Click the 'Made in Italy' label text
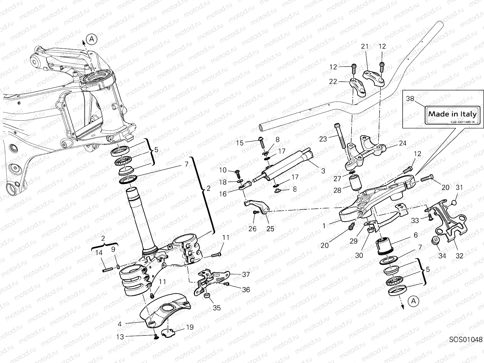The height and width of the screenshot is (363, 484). [452, 114]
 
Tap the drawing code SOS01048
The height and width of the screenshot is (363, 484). [466, 348]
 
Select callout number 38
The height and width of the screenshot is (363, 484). [410, 98]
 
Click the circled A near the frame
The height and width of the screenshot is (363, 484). [92, 39]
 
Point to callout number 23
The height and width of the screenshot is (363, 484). [323, 139]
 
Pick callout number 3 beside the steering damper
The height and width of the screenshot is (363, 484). [323, 171]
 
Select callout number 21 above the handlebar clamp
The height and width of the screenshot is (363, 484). [365, 46]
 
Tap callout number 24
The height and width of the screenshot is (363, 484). [403, 143]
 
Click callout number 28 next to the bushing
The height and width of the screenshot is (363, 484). [337, 190]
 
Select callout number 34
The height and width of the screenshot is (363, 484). [442, 256]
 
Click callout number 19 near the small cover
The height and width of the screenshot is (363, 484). [190, 327]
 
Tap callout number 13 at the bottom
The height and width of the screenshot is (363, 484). [120, 337]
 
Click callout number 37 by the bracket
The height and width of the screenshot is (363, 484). [246, 274]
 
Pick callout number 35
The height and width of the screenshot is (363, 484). [217, 308]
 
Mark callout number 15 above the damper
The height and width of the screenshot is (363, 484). [240, 143]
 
